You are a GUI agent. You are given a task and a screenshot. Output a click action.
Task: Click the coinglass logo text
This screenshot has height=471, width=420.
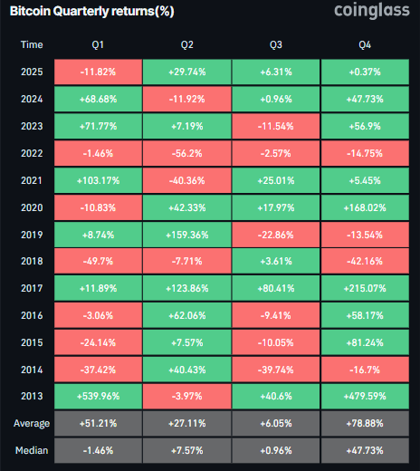click(x=361, y=13)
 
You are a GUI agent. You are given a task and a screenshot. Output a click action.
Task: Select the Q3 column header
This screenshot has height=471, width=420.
click(x=275, y=43)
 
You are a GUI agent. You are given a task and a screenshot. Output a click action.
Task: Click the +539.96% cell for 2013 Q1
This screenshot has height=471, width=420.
click(x=98, y=397)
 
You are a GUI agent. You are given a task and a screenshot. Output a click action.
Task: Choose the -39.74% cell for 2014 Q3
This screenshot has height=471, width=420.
click(x=275, y=369)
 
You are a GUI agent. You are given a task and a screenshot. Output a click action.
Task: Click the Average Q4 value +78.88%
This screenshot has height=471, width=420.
click(x=364, y=424)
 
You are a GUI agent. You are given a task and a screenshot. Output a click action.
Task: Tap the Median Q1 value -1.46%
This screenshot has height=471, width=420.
click(x=98, y=450)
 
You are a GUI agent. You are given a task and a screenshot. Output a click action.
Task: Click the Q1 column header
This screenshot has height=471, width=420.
click(x=98, y=43)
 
